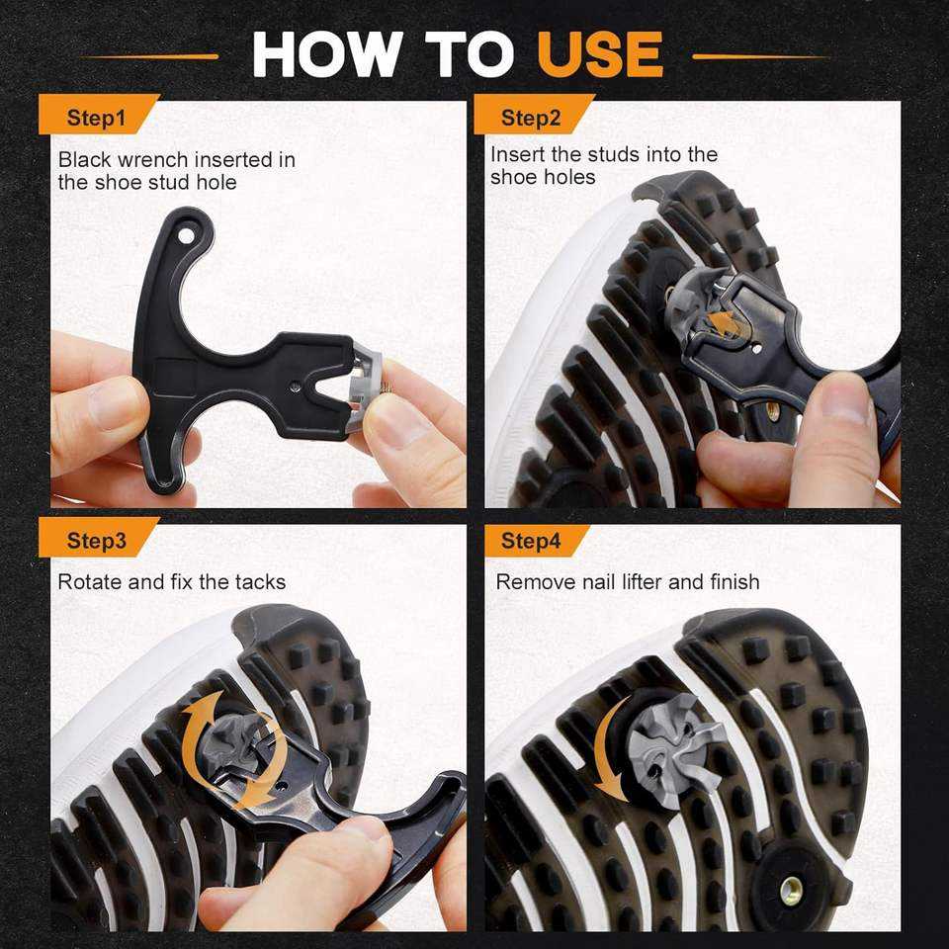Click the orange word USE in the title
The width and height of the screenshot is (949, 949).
[x=600, y=53]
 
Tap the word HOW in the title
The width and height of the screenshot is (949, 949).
[x=327, y=53]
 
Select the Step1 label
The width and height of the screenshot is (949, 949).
[x=96, y=118]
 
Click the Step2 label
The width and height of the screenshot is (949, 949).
[x=531, y=118]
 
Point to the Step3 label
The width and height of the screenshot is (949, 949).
[x=97, y=540]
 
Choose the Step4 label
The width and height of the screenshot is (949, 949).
[x=531, y=540]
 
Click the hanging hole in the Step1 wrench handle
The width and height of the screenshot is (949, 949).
[x=186, y=235]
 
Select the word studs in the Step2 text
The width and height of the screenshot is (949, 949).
[x=613, y=154]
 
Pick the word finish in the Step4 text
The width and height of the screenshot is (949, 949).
[x=734, y=581]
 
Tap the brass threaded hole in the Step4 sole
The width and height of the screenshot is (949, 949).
[x=791, y=890]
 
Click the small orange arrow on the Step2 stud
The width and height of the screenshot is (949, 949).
[x=722, y=323]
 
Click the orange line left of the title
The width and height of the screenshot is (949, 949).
[x=150, y=57]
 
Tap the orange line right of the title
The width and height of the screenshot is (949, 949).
[x=761, y=57]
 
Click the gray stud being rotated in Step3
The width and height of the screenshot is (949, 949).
[x=235, y=745]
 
